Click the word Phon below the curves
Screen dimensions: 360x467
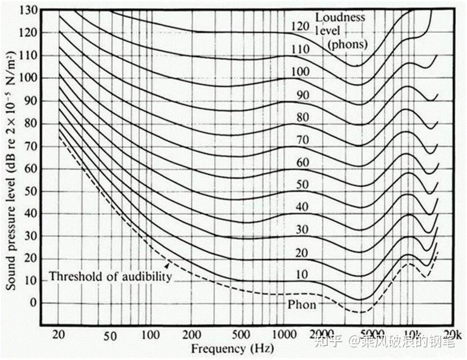tap(302, 305)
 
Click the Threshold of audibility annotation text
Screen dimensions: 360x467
tap(110, 277)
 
